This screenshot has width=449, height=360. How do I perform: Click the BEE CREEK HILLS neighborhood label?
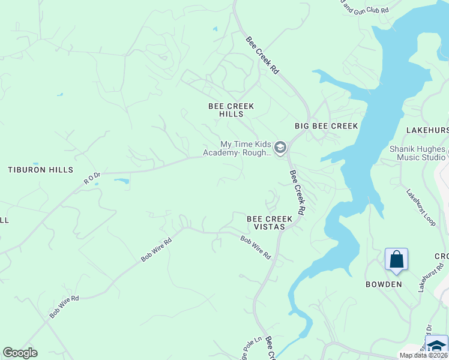231,110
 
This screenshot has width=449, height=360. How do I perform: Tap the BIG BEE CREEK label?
326,126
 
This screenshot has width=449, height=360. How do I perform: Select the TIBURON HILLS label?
40,170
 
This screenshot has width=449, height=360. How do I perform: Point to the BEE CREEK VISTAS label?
270,223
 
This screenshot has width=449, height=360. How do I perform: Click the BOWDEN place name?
384,284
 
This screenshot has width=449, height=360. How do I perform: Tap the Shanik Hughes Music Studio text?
417,153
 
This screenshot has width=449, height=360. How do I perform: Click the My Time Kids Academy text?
246,148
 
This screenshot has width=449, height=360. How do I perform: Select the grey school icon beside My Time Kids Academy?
280,147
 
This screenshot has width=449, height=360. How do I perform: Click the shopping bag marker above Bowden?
396,260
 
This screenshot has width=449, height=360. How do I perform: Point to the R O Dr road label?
92,177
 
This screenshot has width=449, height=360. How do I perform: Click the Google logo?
20,353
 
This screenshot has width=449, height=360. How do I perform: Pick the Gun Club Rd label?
366,8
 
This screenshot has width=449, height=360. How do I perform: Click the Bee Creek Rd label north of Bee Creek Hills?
263,55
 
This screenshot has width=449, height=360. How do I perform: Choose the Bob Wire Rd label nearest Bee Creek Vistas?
255,247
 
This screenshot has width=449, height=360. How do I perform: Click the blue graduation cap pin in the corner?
437,346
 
